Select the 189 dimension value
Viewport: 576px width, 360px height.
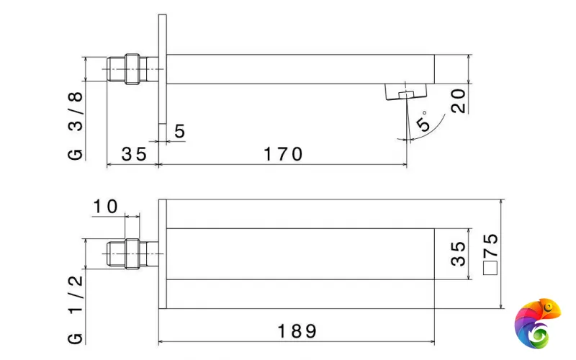point(297,331)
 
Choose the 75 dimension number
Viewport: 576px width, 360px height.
point(491,248)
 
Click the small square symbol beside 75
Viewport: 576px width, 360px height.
point(491,269)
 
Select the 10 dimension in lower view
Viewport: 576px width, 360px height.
point(105,207)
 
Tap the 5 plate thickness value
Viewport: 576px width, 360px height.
point(179,131)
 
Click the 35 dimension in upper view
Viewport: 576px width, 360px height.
point(133,153)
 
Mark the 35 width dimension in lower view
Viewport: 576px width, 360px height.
point(458,254)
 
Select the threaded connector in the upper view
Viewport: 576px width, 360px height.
point(128,69)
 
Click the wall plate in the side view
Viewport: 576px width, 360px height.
point(162,72)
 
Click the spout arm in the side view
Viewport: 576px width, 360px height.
point(302,69)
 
